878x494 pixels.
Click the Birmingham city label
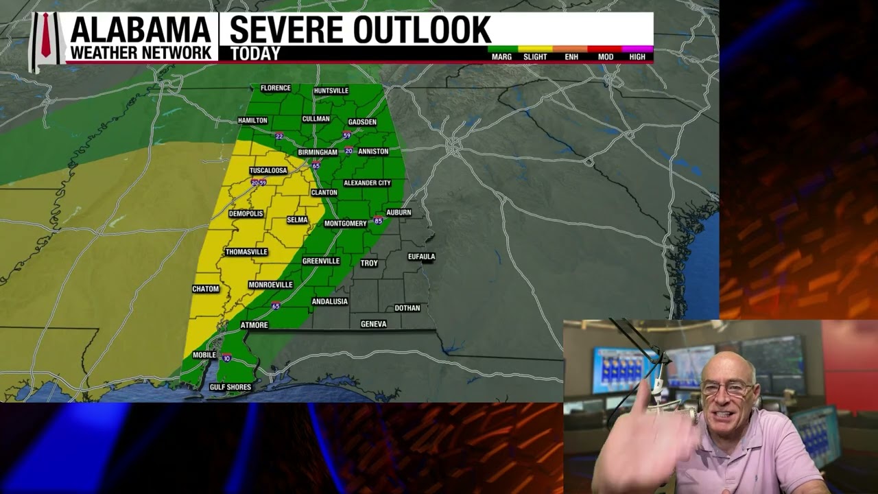(x=318, y=152)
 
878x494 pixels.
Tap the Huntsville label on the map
(x=331, y=91)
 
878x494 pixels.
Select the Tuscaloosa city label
(x=268, y=170)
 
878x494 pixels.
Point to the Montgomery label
(x=346, y=224)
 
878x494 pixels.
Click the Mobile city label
(x=204, y=355)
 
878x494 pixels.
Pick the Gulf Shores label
(x=230, y=387)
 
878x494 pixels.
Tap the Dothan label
(x=407, y=308)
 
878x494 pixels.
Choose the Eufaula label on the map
(x=422, y=257)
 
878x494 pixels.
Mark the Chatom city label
(x=206, y=289)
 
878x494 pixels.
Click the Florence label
(x=276, y=88)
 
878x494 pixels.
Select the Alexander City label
(x=367, y=183)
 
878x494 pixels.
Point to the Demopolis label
(x=246, y=213)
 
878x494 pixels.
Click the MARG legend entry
(x=501, y=56)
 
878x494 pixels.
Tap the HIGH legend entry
(x=637, y=56)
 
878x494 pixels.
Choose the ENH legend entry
(x=571, y=56)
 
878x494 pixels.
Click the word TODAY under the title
(x=255, y=54)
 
